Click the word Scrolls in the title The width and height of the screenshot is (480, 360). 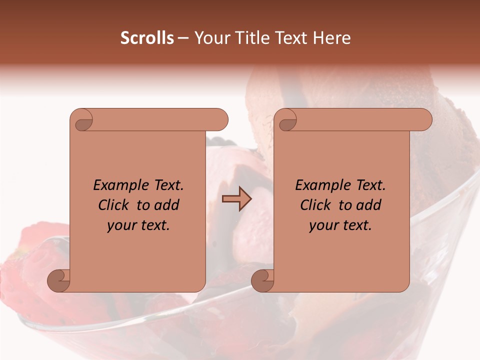pos(147,38)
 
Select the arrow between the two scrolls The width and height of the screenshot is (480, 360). pos(236,199)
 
